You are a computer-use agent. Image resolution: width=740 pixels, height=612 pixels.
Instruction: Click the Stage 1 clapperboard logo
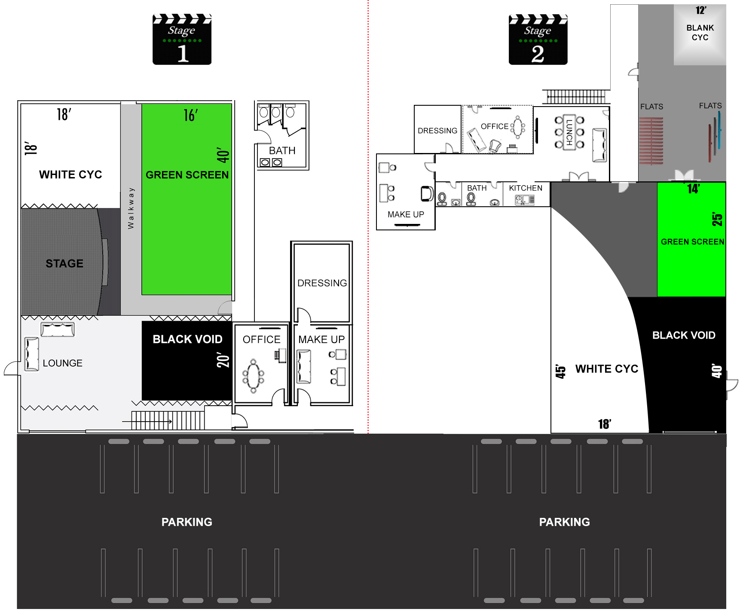182,40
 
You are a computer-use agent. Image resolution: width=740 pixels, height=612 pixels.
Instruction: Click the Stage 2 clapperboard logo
538,40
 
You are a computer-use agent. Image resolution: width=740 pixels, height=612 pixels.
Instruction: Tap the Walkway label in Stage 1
131,208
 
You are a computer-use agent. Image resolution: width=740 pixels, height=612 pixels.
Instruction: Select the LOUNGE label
63,363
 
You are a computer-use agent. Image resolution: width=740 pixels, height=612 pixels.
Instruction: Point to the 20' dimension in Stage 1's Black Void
223,360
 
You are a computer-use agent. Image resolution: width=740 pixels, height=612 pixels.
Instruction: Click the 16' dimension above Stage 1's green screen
191,115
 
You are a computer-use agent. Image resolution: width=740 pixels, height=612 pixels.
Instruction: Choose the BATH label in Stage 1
282,151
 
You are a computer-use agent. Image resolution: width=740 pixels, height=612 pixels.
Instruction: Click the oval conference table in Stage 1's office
254,376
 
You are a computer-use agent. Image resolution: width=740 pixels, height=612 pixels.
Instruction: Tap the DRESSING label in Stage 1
322,283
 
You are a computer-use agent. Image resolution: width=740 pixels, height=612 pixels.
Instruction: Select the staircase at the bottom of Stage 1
168,420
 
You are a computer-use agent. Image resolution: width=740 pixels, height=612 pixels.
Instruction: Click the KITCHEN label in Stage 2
526,188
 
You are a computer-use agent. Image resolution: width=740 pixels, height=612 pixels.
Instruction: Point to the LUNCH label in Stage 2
569,132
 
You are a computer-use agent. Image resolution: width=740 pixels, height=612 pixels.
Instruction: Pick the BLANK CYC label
700,33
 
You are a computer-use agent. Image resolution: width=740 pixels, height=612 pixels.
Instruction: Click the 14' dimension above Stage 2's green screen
693,189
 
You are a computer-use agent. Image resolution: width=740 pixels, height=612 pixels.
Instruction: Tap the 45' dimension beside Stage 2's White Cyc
560,371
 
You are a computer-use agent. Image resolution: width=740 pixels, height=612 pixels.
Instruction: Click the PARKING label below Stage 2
565,522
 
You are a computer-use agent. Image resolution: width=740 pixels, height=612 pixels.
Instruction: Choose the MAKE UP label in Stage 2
406,214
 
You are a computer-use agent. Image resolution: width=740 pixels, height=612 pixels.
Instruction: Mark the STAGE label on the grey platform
64,263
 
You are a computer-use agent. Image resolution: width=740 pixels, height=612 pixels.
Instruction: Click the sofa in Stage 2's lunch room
599,145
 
